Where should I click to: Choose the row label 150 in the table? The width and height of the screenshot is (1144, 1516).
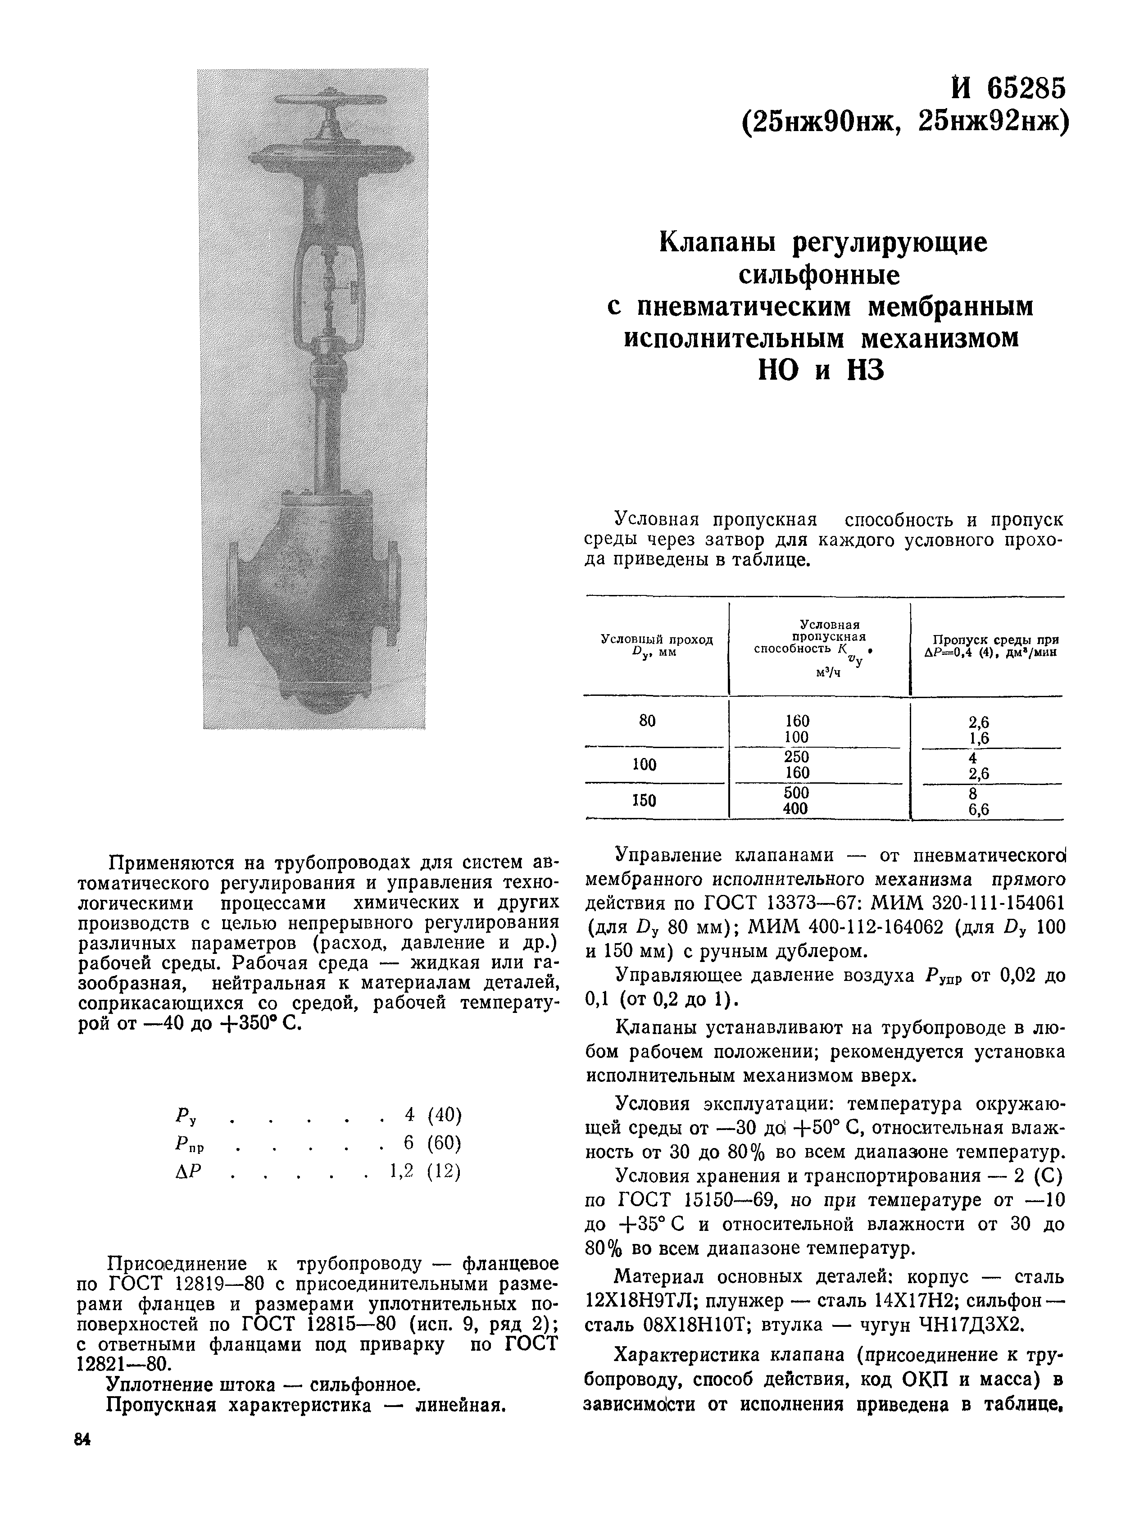pyautogui.click(x=645, y=800)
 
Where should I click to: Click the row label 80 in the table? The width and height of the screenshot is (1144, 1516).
pyautogui.click(x=647, y=721)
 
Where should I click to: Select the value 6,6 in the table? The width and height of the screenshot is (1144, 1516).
pyautogui.click(x=978, y=809)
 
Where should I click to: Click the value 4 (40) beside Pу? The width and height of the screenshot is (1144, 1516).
pyautogui.click(x=433, y=1115)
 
